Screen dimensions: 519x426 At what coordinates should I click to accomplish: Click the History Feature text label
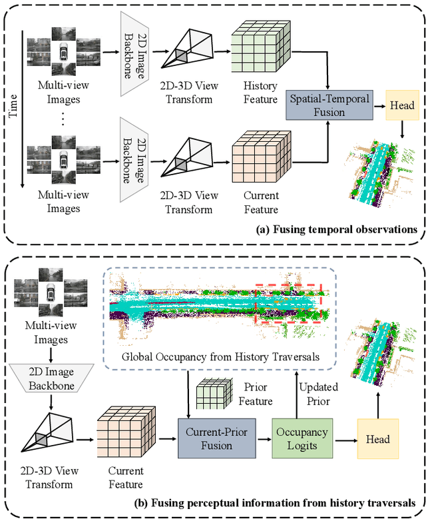260,93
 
